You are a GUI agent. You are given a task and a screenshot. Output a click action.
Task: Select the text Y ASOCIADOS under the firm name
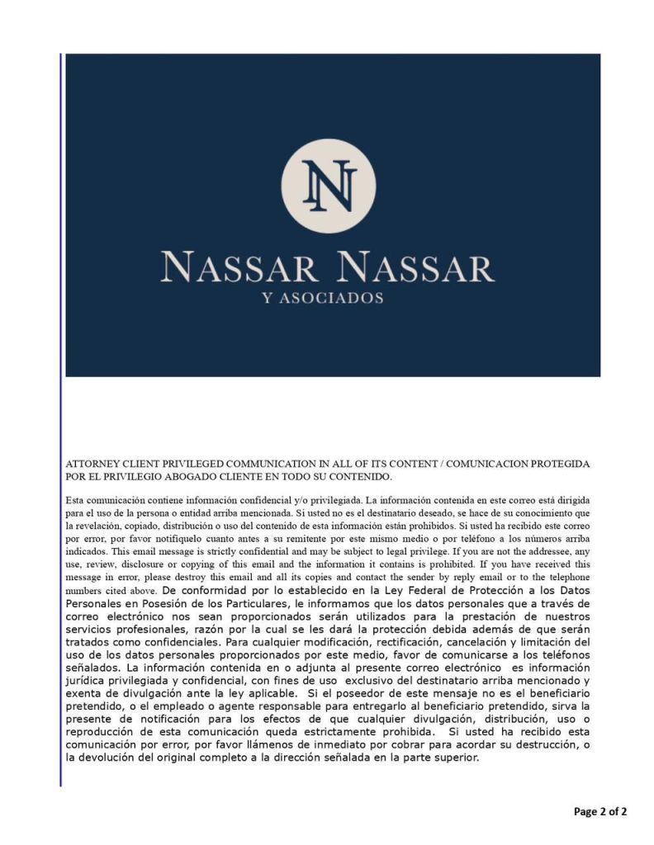[x=322, y=298]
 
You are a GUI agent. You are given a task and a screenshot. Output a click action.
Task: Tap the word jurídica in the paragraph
[x=87, y=679]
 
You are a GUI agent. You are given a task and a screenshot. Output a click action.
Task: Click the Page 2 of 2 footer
[x=600, y=812]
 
